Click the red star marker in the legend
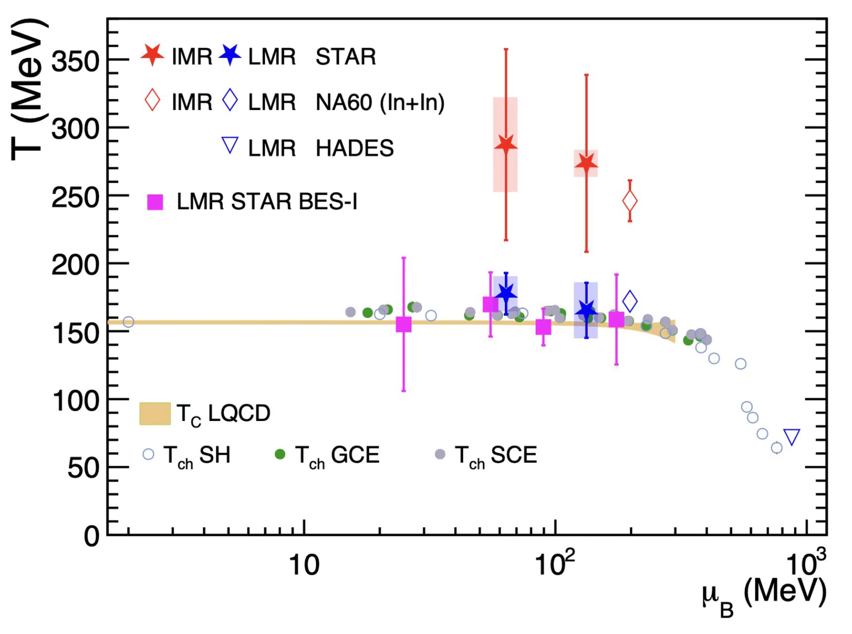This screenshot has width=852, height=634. point(152,55)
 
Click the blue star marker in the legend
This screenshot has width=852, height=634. point(230,55)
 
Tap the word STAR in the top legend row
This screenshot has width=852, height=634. point(346,56)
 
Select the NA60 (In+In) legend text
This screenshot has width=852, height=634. point(380,103)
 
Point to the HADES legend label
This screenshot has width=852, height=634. point(355,148)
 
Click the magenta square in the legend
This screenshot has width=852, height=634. point(155,202)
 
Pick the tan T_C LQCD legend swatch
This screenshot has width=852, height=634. point(155,414)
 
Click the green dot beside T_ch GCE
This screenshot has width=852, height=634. point(280,454)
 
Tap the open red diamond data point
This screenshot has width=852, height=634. point(630,201)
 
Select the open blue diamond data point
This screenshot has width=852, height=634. point(630,301)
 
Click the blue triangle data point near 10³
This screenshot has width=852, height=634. point(792,437)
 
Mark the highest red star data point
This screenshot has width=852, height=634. point(506,145)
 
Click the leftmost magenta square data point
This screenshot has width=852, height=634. point(404,324)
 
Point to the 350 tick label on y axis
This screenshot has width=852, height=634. point(75,62)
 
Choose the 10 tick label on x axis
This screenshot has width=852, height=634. point(304,565)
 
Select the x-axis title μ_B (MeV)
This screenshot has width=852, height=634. point(764,594)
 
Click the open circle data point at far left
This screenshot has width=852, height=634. point(128,322)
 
